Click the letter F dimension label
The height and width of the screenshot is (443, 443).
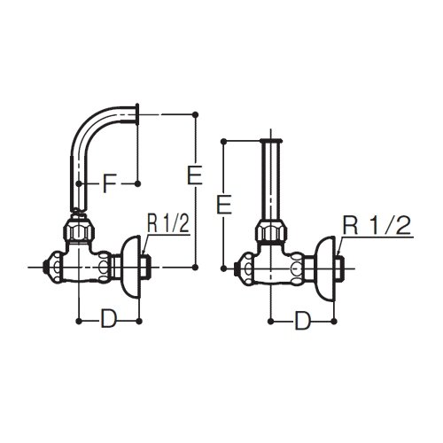point(109,183)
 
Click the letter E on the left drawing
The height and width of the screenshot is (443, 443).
point(195,175)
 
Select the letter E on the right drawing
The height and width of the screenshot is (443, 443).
point(224,204)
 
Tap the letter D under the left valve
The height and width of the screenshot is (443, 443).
point(109,318)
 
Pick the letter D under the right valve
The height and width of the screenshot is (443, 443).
point(303,320)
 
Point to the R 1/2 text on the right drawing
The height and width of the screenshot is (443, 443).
point(377,225)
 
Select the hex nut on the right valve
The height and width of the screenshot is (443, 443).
point(271,232)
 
